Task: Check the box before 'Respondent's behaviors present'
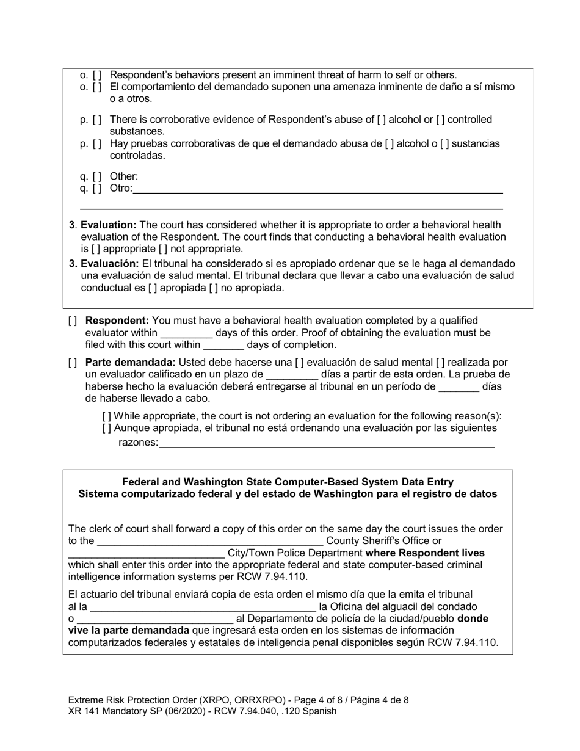tap(97, 75)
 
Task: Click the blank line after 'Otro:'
tap(317, 189)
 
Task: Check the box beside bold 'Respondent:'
tap(73, 321)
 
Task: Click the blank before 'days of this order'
tap(186, 333)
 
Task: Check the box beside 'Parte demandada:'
tap(73, 363)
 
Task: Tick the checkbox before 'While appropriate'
tap(107, 416)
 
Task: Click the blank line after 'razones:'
tap(326, 443)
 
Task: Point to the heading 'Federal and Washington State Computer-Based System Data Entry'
tap(288, 482)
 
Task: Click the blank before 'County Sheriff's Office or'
tap(210, 541)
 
